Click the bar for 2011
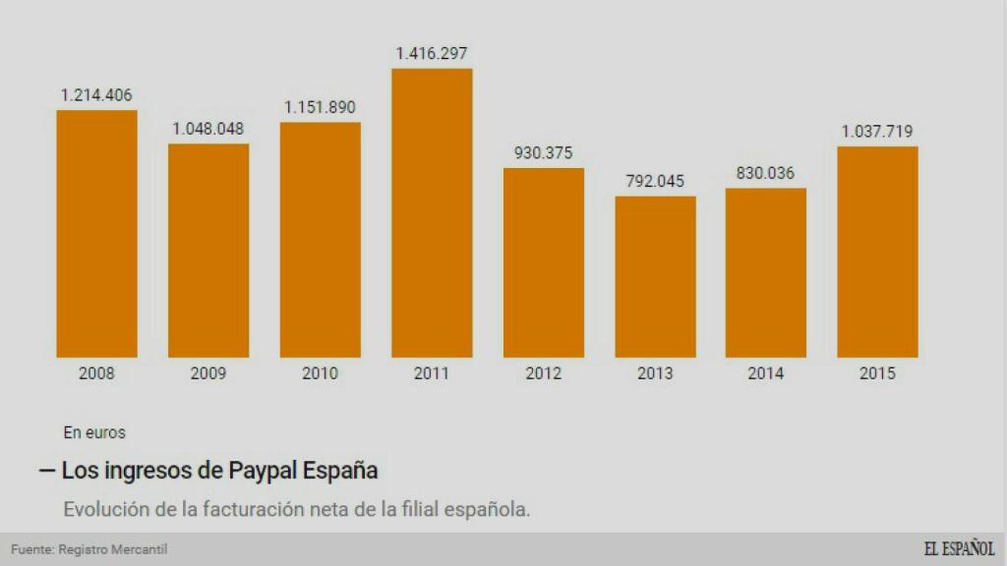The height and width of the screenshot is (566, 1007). point(432,212)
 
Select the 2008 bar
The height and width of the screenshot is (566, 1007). point(96,234)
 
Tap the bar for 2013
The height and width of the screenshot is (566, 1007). point(655,277)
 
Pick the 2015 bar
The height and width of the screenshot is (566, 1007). point(877,252)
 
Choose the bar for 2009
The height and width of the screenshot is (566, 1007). point(208,251)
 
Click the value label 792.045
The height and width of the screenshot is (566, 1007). point(655,182)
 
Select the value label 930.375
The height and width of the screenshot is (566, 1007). point(543,153)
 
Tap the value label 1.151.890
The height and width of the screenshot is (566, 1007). point(320,107)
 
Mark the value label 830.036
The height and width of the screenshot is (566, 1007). point(765,173)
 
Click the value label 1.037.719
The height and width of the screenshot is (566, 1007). point(877,132)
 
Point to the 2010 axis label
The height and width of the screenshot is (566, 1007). point(320,373)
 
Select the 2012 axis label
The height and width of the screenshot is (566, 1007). point(543,373)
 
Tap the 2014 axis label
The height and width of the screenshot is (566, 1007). point(765,373)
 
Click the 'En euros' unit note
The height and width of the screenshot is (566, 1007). point(94,431)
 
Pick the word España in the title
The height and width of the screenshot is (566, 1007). point(338,471)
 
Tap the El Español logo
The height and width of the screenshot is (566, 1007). point(959,548)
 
